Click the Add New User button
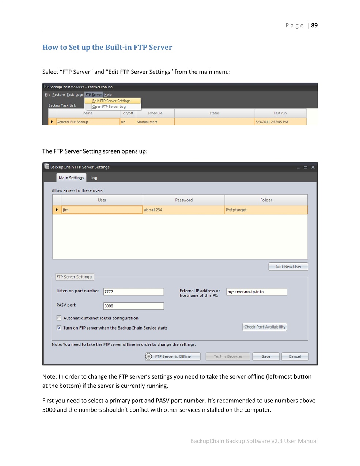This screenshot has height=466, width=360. coord(288,267)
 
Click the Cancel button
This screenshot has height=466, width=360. coord(295,357)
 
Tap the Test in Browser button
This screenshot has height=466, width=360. coord(228,357)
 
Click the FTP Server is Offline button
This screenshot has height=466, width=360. coord(173,357)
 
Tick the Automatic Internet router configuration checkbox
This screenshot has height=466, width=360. coord(59,318)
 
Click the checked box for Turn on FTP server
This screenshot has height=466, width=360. coord(59,328)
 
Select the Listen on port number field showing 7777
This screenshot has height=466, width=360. coord(133,292)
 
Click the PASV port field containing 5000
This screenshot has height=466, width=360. coord(133,306)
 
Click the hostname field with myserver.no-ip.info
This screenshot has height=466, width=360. coord(256,292)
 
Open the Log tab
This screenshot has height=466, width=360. coord(94,178)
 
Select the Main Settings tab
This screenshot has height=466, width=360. coord(71,178)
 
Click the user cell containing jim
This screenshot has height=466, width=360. coord(102,210)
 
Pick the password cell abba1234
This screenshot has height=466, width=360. coord(183,210)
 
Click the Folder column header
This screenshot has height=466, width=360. coord(266,200)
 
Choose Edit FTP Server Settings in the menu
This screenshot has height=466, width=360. coord(111,101)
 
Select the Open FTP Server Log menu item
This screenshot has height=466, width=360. coord(109,107)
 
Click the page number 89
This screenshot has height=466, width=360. coord(314,26)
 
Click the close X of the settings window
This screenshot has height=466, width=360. coord(312,167)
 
